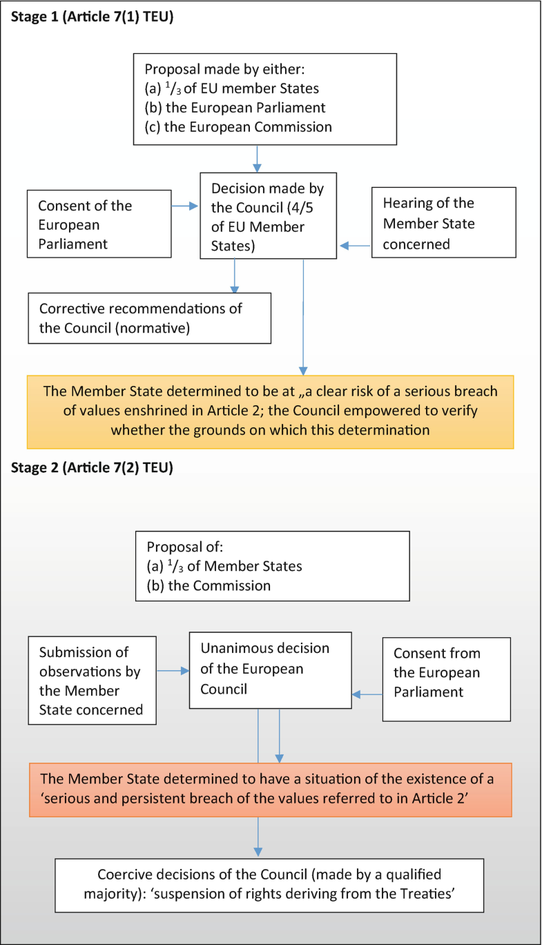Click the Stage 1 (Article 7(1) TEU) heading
[92, 17]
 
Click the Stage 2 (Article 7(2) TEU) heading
[92, 467]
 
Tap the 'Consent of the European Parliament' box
[99, 224]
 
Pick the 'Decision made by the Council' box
[269, 216]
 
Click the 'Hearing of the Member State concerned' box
[444, 223]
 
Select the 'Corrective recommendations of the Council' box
[149, 318]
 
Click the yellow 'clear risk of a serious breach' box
[271, 411]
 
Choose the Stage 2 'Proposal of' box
[272, 566]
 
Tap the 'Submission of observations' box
[92, 681]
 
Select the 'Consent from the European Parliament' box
[446, 679]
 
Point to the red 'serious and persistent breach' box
[271, 790]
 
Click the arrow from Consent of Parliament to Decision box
[185, 205]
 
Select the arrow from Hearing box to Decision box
[355, 245]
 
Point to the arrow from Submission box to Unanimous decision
[173, 670]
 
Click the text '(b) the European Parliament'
[235, 108]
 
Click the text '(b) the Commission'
[209, 585]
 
